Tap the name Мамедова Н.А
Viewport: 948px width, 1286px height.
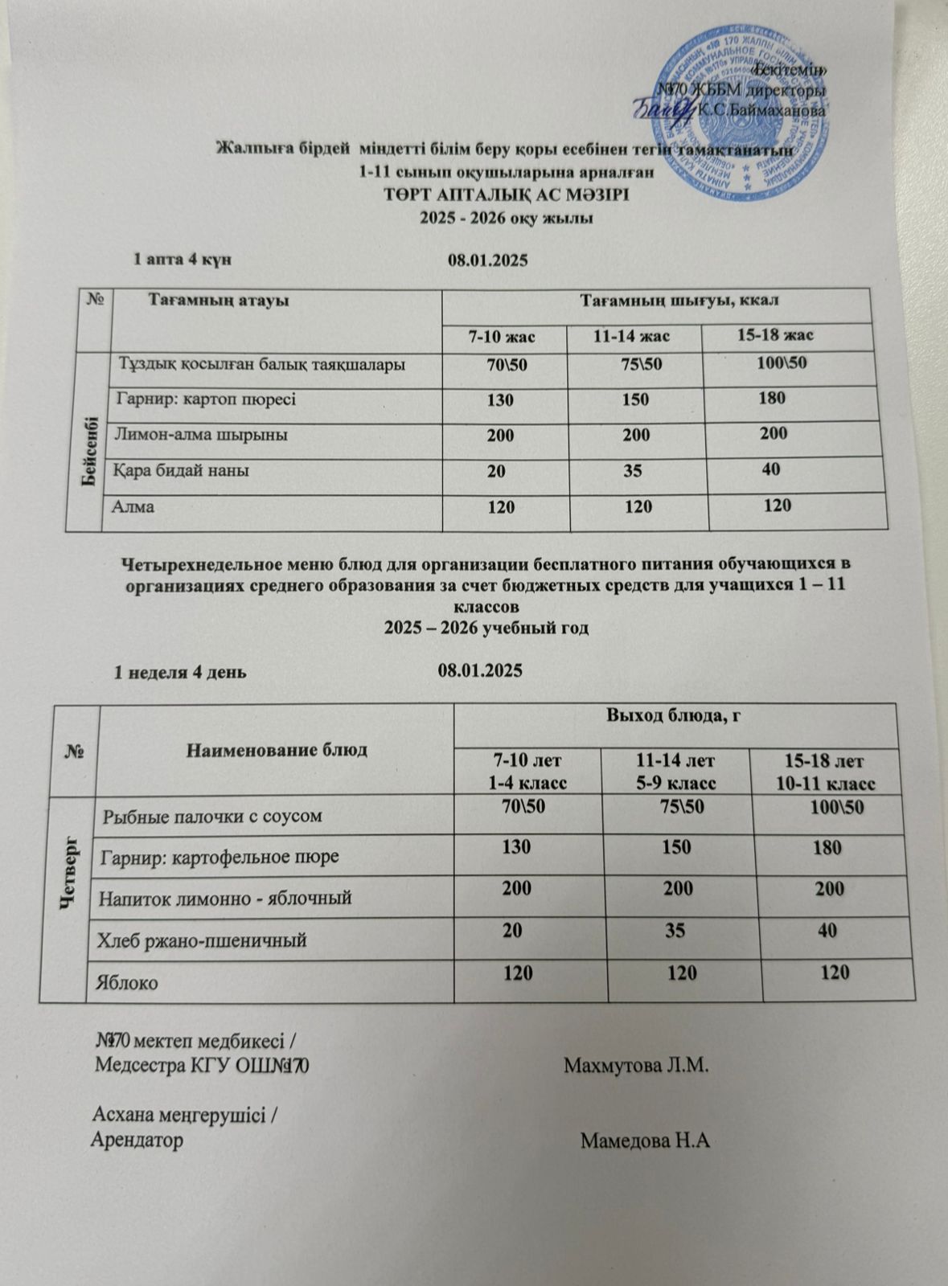click(646, 1140)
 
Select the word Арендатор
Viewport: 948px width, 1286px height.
click(137, 1140)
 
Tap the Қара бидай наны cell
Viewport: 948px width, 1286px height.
click(183, 470)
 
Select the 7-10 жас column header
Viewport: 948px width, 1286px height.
click(502, 336)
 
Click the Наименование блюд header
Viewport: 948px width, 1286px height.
click(276, 751)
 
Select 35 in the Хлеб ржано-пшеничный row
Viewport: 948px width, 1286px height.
click(675, 931)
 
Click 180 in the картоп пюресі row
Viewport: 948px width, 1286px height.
click(771, 398)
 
